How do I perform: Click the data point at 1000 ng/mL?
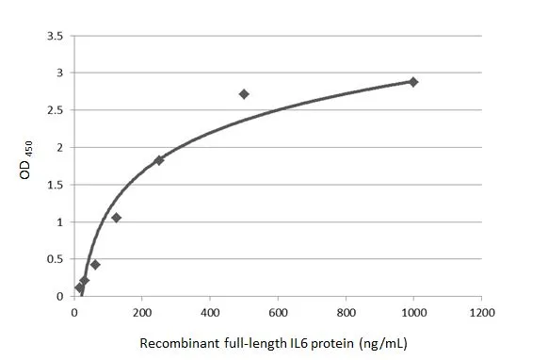[413, 82]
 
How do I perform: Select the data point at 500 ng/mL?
[244, 94]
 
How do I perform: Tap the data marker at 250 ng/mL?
[159, 160]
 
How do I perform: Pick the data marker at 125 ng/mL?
[117, 218]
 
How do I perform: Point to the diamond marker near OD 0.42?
[95, 265]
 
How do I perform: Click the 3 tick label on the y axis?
[60, 74]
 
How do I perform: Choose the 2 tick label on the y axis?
[60, 148]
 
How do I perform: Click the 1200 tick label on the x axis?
[481, 312]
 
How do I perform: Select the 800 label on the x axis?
[346, 312]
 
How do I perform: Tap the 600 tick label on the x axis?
[278, 312]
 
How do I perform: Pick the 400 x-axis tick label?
[210, 312]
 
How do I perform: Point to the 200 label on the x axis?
[142, 312]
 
